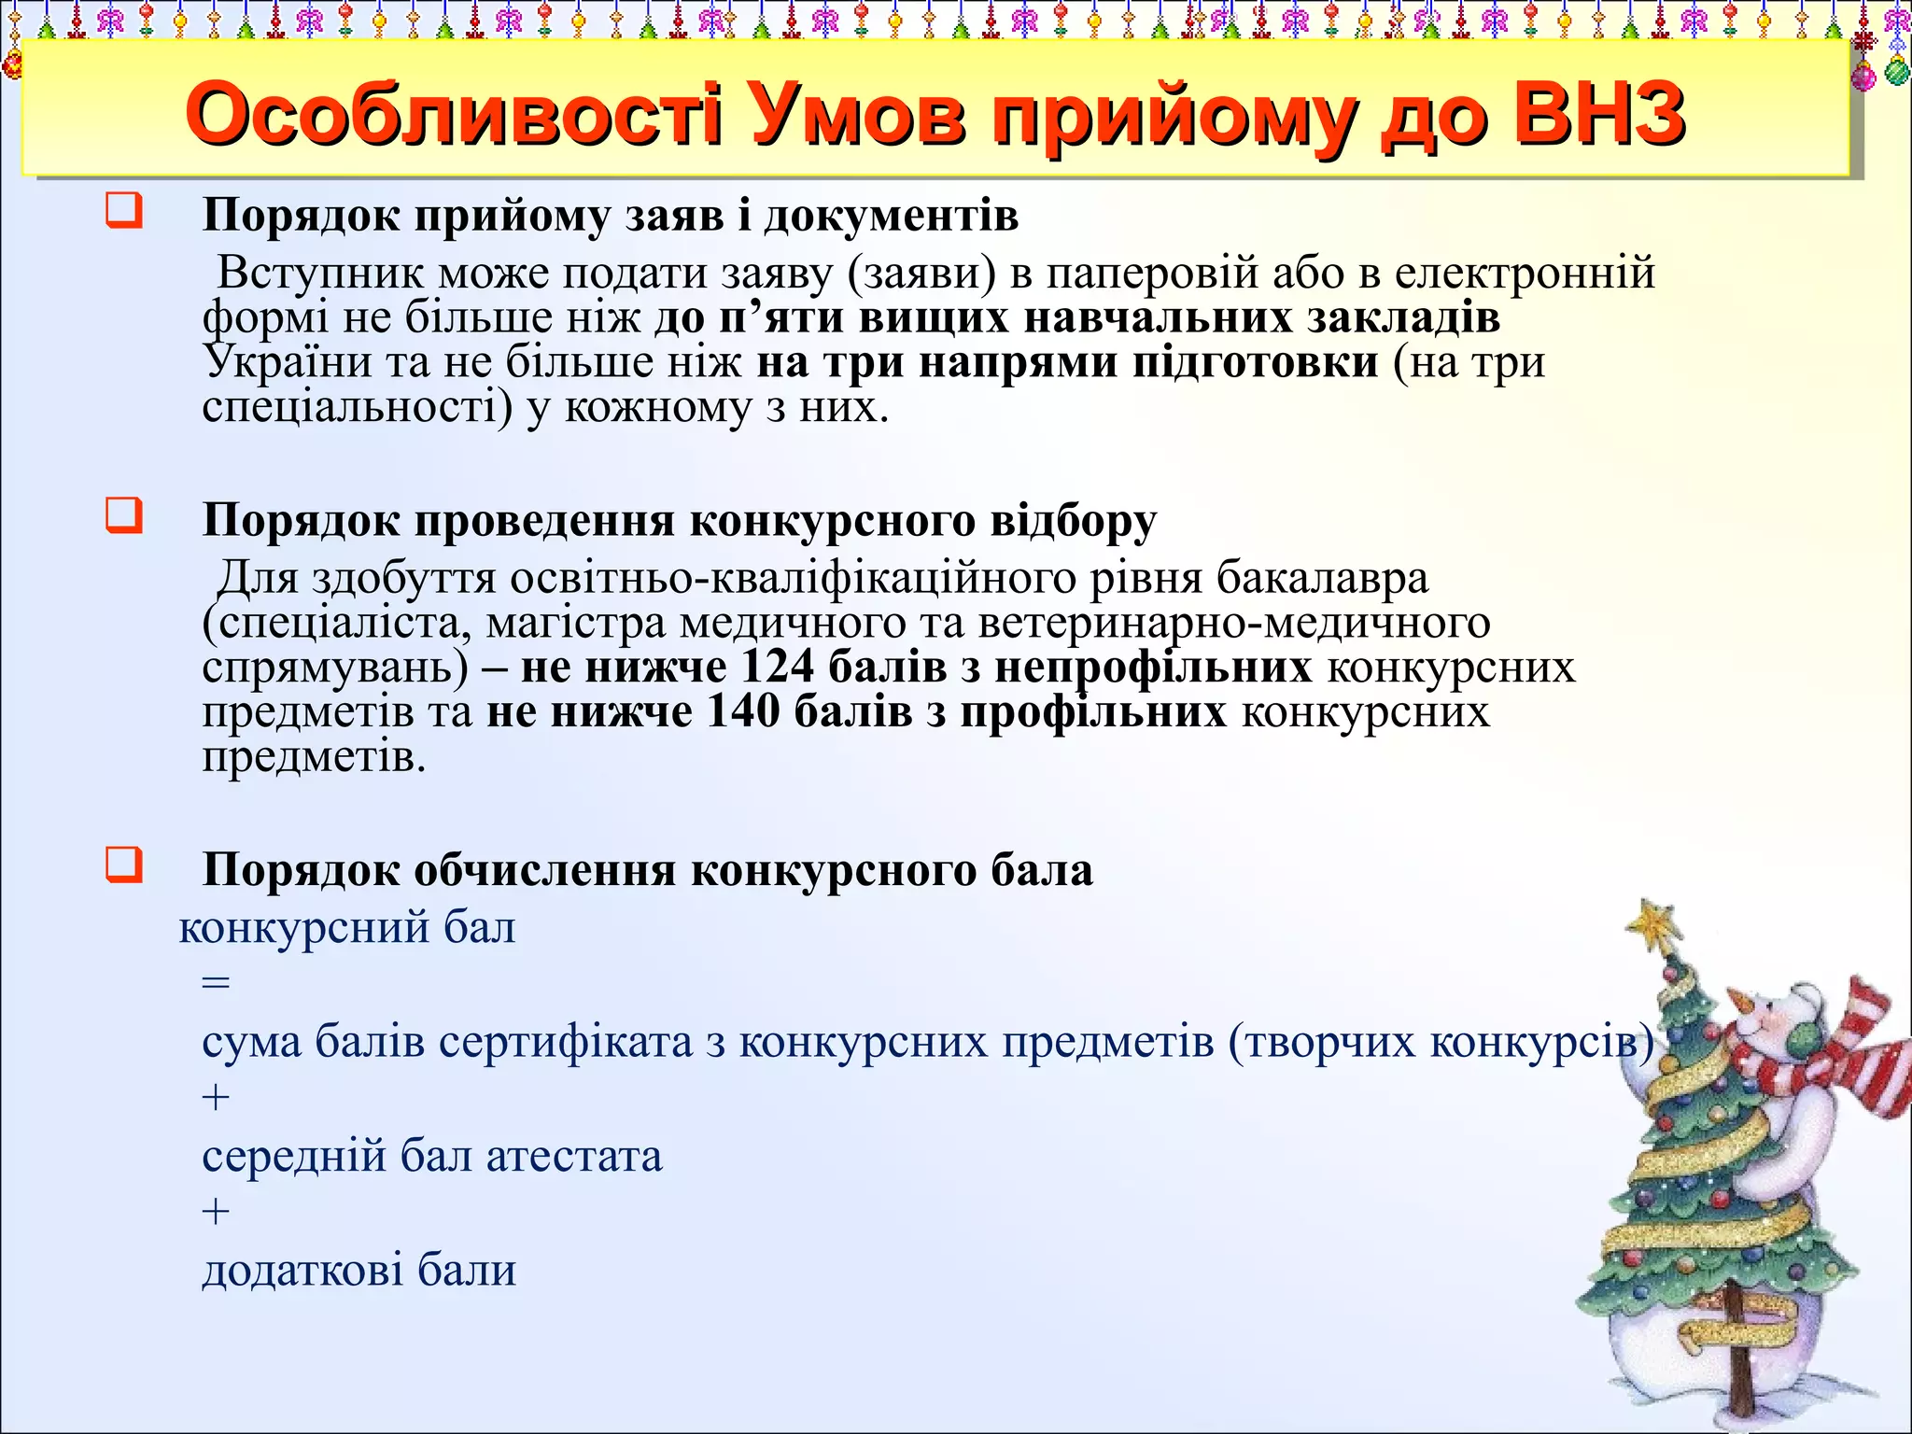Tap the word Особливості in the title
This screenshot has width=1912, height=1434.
454,116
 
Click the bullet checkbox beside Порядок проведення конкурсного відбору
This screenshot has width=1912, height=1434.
124,514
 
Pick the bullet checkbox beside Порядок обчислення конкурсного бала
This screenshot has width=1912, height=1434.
124,865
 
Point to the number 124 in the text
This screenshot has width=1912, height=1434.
778,667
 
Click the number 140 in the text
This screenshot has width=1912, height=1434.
743,711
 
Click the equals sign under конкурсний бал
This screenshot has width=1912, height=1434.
216,983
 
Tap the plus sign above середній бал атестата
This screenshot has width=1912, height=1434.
216,1097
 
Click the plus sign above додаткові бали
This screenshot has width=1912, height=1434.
216,1212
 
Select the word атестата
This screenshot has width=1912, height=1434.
574,1157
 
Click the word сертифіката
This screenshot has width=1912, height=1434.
565,1042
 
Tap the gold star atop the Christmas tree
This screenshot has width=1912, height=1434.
1655,921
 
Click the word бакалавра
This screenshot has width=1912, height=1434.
1322,579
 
